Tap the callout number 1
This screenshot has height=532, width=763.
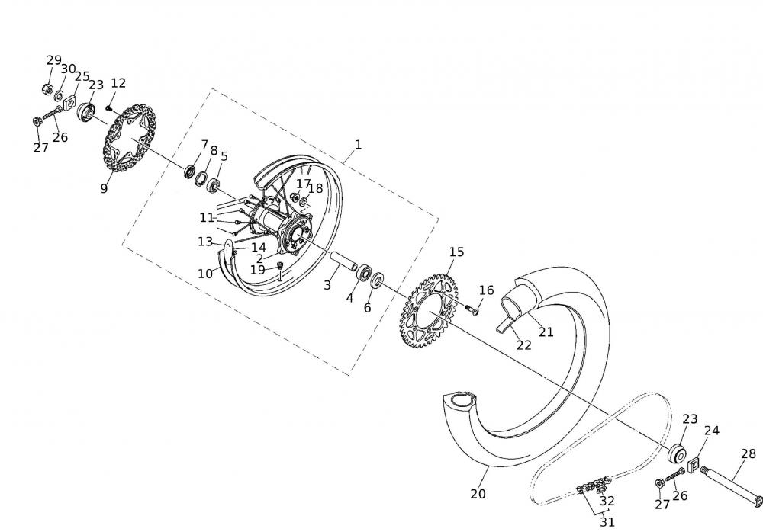pos(358,144)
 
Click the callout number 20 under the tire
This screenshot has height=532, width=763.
pos(478,494)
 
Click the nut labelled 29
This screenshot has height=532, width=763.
pos(47,89)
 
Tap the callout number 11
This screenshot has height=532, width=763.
pos(207,217)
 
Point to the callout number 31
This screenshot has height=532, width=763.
pos(607,522)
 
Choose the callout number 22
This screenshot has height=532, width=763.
pos(523,345)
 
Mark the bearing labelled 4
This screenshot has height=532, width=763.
pos(364,272)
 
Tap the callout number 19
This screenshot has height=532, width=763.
pos(257,270)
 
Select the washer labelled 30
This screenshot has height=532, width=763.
pos(60,96)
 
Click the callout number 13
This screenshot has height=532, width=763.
pos(204,242)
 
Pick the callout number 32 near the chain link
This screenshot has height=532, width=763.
pos(607,501)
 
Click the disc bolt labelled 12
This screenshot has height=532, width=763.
pos(109,108)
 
